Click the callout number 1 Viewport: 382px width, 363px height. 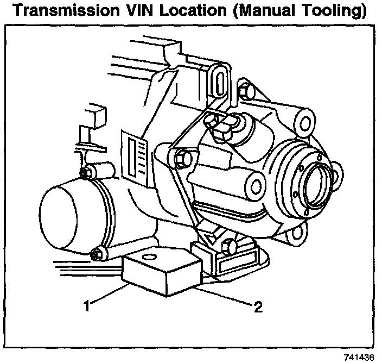[86, 306]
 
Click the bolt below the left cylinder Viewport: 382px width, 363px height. [99, 253]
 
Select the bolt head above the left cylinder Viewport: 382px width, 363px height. [86, 173]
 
